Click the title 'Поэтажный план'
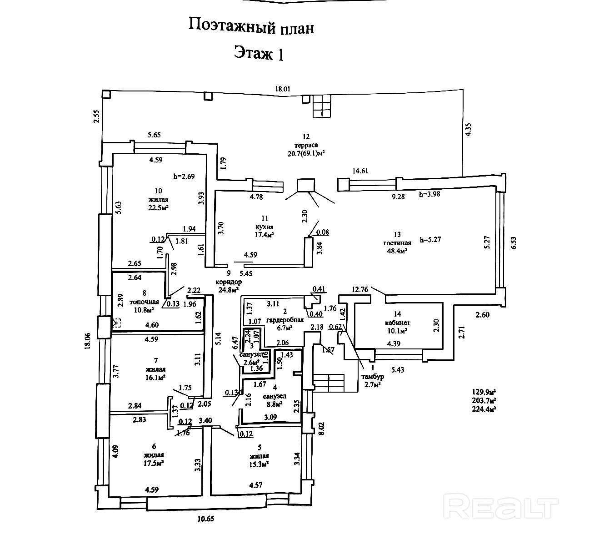point(251,26)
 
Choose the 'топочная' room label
point(144,302)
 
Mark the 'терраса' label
point(305,145)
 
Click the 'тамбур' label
point(373,377)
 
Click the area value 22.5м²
point(158,208)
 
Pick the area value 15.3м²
point(259,464)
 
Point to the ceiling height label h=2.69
point(184,176)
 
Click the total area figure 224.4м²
point(484,409)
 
